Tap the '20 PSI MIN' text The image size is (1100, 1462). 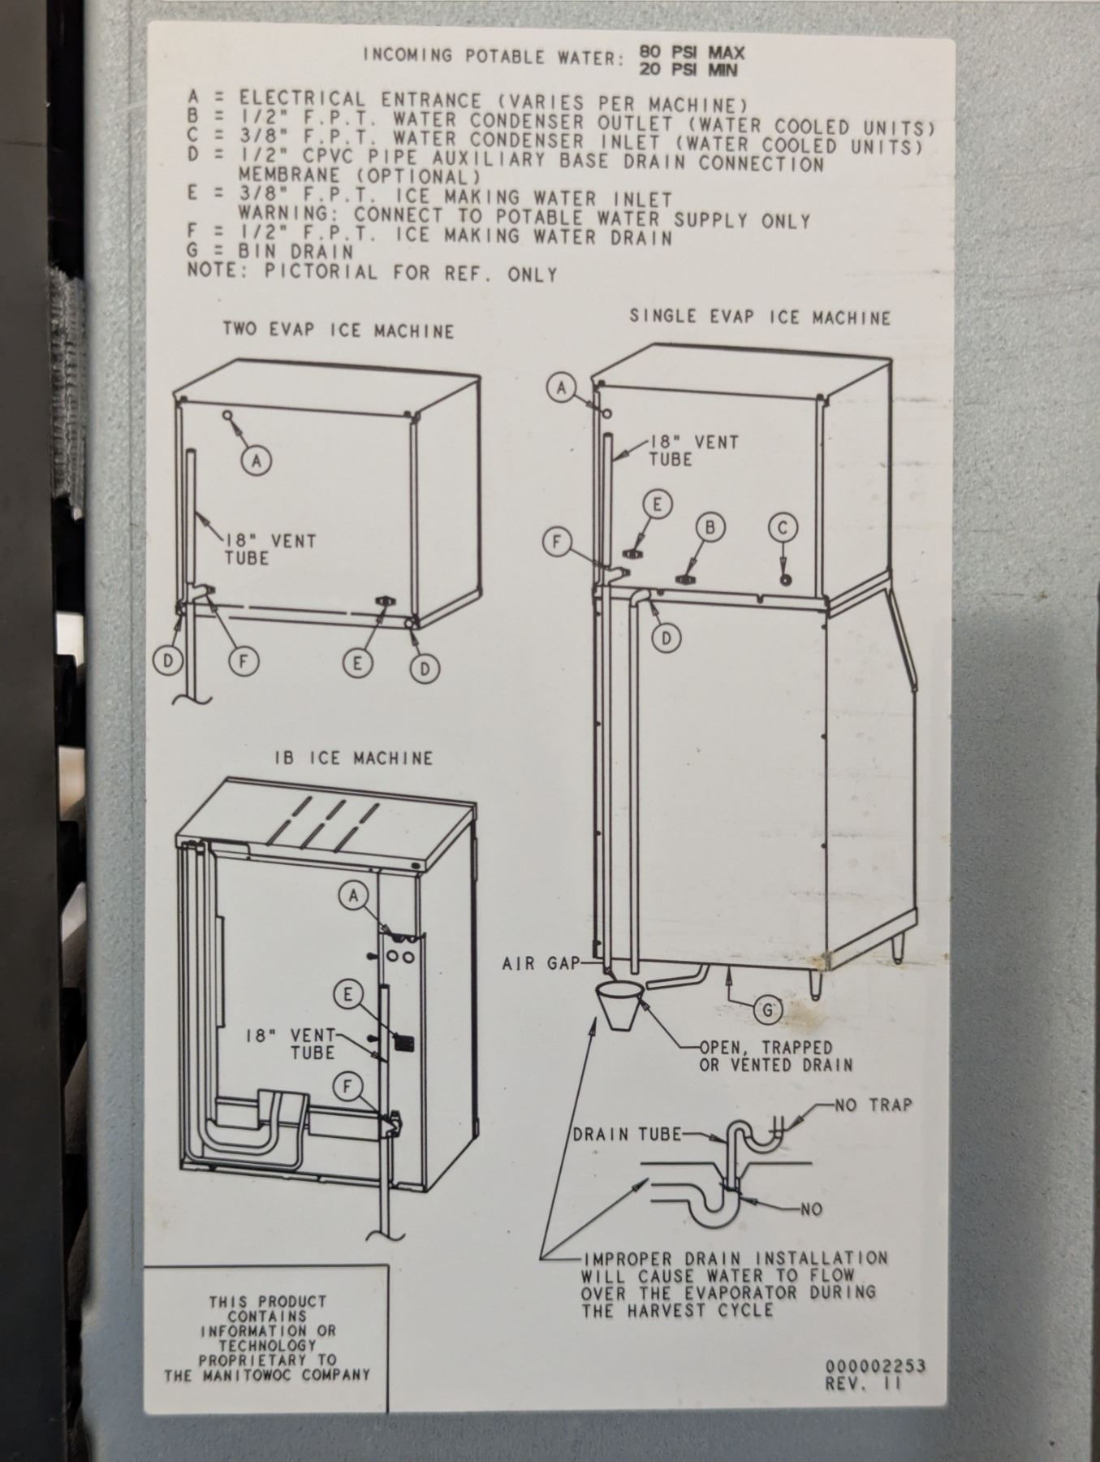point(688,71)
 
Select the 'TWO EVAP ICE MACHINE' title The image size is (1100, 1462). point(339,331)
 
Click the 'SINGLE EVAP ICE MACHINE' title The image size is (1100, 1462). point(760,317)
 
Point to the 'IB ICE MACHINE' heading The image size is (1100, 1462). point(354,759)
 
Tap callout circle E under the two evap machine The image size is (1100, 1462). point(356,664)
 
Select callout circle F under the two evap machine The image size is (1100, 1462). point(241,662)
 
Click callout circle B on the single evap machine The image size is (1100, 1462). point(710,527)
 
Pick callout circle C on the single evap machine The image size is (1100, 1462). point(783,527)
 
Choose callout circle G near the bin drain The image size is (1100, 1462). point(767,1011)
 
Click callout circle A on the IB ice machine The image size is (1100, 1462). point(353,895)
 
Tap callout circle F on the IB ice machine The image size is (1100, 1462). point(347,1086)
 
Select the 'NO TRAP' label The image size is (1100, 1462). point(874,1105)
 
